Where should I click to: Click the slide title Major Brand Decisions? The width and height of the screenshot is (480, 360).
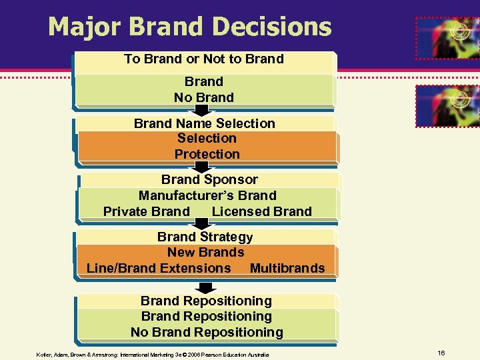point(189,27)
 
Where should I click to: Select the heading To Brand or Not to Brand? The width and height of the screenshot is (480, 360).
point(203,59)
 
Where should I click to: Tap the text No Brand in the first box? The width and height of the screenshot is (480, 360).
point(203,97)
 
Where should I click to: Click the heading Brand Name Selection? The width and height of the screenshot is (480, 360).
point(204,123)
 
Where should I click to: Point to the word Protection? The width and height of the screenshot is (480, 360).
point(207,154)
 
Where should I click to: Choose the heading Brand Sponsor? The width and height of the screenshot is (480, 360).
point(209,179)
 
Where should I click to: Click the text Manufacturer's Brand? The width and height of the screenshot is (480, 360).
point(207,195)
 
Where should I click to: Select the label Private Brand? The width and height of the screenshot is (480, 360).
point(147,211)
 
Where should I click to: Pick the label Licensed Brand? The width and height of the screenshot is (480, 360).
point(261,211)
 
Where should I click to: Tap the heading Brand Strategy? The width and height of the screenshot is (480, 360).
point(205,237)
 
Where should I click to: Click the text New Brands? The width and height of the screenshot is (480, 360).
point(205,252)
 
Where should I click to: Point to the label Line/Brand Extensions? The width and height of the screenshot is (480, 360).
point(159,268)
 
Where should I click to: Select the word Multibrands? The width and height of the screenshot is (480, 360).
point(287,268)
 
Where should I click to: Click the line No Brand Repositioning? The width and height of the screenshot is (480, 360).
point(207,332)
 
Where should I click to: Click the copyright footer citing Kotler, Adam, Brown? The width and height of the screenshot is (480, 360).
point(153,355)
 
